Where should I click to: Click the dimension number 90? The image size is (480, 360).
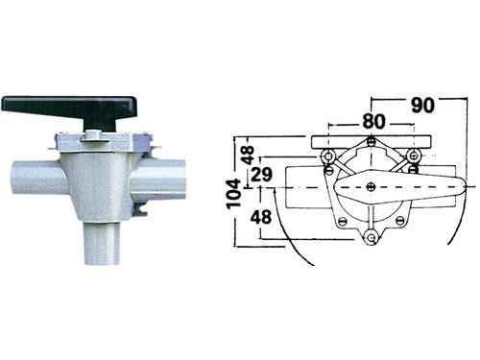[x=422, y=105]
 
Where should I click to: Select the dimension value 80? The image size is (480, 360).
[x=374, y=122]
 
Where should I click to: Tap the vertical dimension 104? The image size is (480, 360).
[x=234, y=194]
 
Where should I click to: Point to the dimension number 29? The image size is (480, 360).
[x=261, y=175]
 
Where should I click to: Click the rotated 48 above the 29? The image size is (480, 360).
[x=249, y=155]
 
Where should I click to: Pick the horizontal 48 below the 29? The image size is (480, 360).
[x=261, y=217]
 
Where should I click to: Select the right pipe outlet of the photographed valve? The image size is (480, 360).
[x=159, y=177]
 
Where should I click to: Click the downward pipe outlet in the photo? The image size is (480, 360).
[x=102, y=243]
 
